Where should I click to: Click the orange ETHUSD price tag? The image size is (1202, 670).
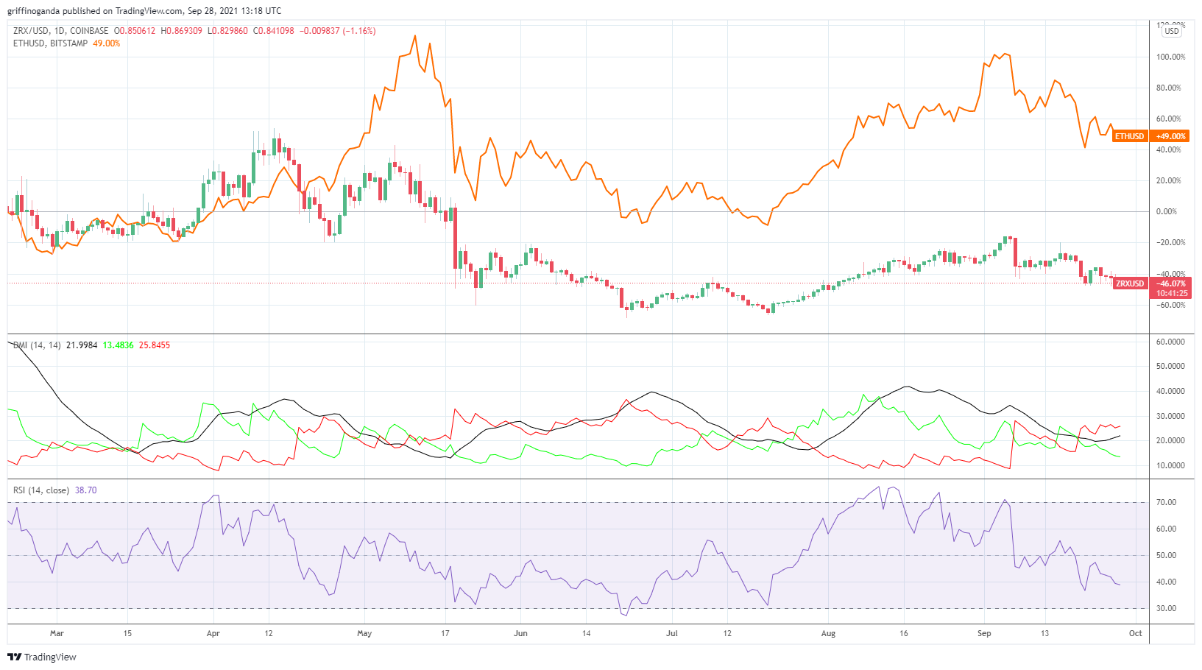[x=1129, y=136]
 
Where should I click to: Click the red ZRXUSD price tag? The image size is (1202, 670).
[x=1130, y=283]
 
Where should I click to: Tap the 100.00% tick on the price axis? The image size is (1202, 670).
[x=1170, y=57]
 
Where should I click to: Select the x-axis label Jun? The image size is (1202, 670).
[x=520, y=633]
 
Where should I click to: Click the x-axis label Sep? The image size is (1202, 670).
[x=984, y=633]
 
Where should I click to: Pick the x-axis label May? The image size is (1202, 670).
[x=364, y=633]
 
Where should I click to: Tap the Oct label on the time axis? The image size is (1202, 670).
[x=1136, y=633]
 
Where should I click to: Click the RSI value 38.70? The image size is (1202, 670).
[x=85, y=490]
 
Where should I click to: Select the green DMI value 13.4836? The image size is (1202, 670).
[x=118, y=345]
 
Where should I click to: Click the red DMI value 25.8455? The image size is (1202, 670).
[x=155, y=345]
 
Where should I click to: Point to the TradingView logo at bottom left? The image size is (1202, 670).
[x=42, y=657]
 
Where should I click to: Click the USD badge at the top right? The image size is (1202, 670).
[x=1171, y=31]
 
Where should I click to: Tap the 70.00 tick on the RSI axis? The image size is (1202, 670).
[x=1169, y=502]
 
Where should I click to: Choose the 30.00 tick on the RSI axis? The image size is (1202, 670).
[x=1169, y=608]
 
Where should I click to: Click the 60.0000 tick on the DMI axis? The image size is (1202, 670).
[x=1170, y=342]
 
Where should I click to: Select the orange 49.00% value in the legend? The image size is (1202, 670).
[x=107, y=43]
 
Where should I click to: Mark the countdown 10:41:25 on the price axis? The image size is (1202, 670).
[x=1170, y=293]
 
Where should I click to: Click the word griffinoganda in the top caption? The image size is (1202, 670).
[x=34, y=11]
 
